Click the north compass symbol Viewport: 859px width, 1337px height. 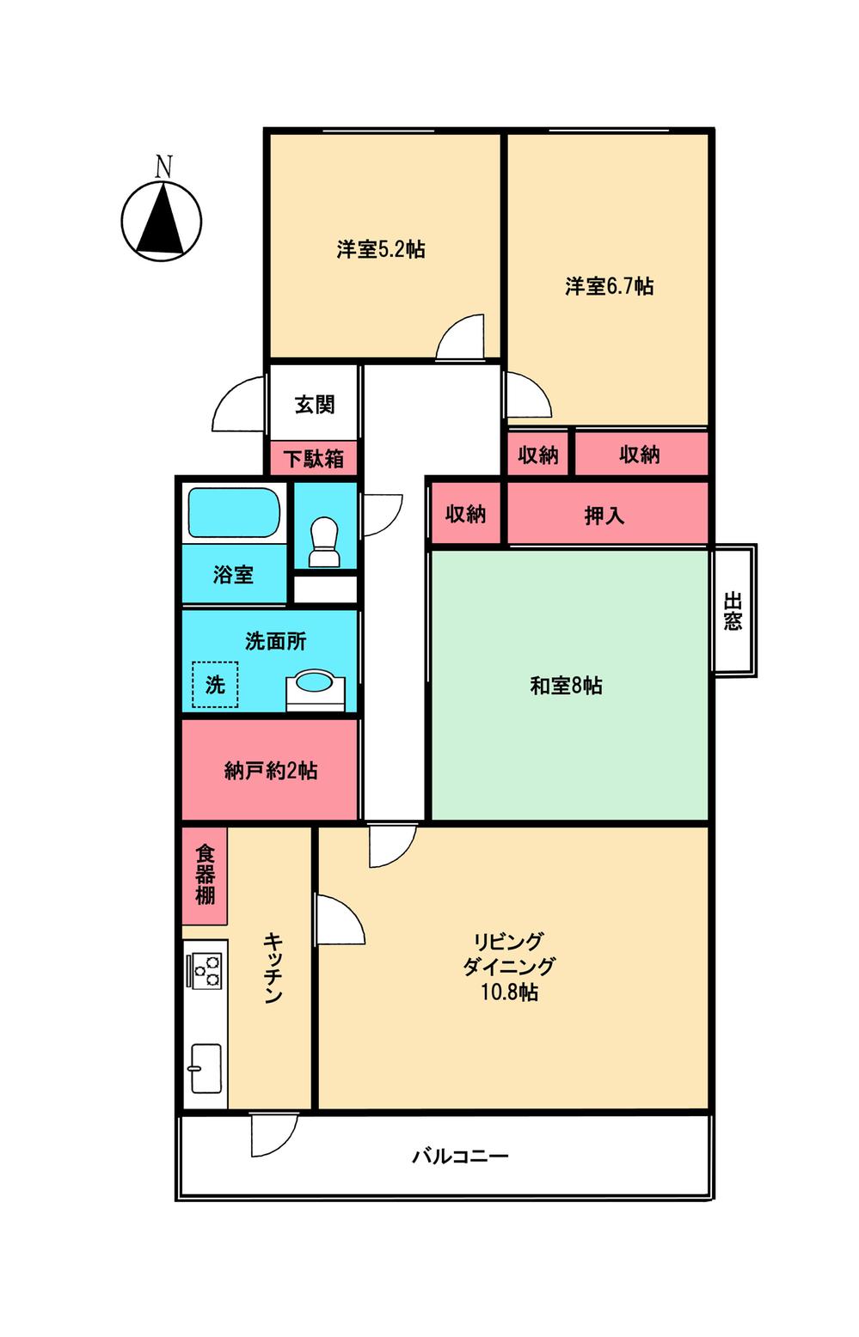coord(162,220)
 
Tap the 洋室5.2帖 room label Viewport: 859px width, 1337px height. coord(381,250)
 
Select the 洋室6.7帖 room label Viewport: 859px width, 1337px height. coord(609,286)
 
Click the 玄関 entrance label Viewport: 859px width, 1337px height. coord(315,405)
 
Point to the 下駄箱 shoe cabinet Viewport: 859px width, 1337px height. coord(314,459)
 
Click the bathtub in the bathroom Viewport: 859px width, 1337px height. coord(234,513)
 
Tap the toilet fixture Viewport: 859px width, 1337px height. coord(324,541)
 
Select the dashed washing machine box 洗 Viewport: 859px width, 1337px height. coord(215,684)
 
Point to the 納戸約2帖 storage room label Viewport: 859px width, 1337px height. coord(270,771)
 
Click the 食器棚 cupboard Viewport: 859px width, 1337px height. coord(205,875)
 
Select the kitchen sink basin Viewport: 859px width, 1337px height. coord(206,1067)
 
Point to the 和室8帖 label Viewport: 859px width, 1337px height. coord(566,686)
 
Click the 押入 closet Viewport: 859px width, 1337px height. coord(604,516)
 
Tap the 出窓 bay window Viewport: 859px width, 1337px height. coord(733,610)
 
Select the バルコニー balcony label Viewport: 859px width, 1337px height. coord(460,1156)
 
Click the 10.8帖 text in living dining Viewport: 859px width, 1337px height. coord(509,992)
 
